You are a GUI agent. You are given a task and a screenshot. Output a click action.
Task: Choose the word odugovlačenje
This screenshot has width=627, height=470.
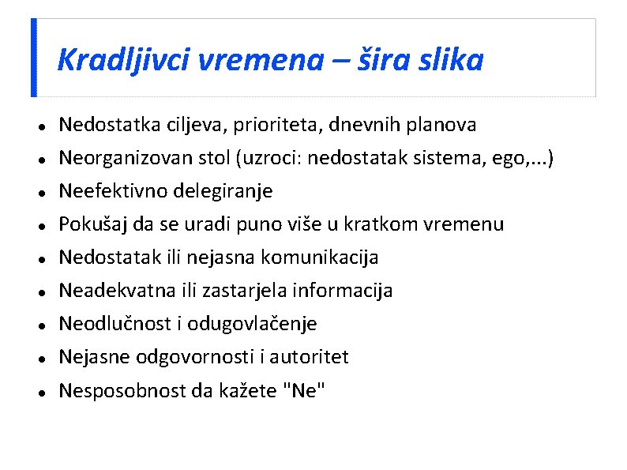[x=252, y=324]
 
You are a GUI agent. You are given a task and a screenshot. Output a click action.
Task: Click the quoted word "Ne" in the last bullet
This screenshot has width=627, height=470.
[x=304, y=390]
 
